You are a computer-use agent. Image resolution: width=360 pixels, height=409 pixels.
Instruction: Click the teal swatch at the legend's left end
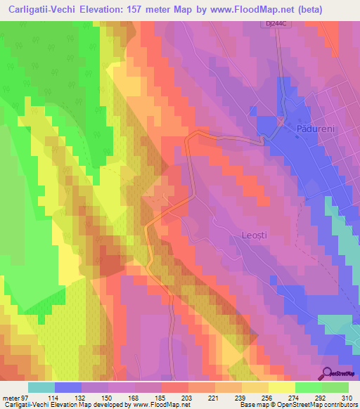point(41,387)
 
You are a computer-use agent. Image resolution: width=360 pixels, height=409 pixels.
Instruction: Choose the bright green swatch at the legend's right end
point(335,387)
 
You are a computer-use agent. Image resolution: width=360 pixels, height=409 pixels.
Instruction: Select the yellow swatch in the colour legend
point(281,387)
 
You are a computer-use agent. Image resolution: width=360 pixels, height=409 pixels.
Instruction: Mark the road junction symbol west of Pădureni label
point(281,122)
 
